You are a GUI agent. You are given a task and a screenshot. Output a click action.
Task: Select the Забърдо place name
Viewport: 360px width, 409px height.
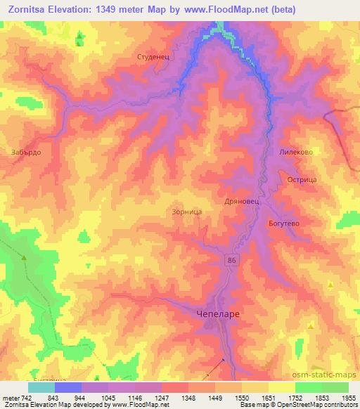[x=26, y=151]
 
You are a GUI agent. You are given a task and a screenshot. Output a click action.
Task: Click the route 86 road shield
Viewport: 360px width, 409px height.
[x=231, y=260]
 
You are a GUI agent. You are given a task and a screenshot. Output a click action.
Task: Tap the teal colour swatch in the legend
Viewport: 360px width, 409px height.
[x=41, y=387]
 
